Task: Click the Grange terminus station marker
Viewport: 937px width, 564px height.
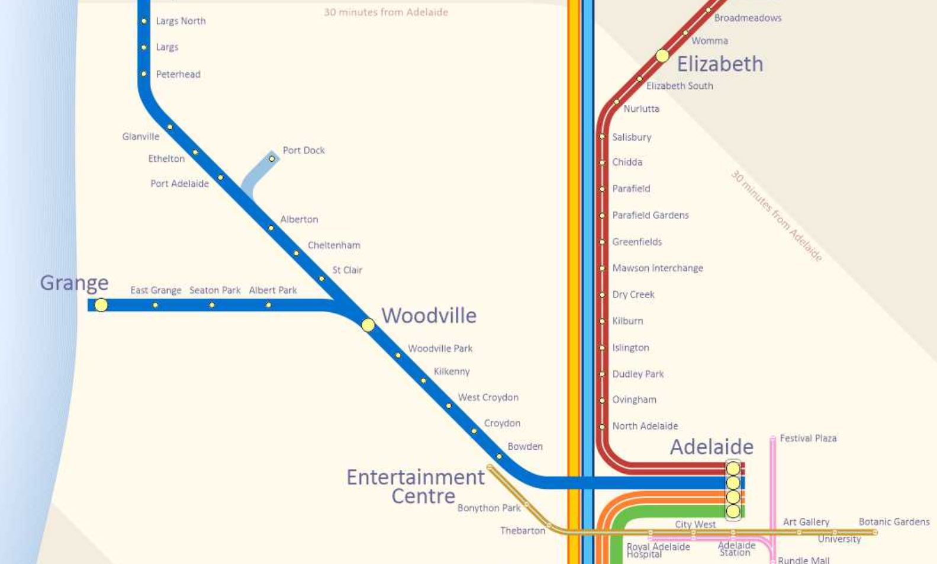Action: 101,305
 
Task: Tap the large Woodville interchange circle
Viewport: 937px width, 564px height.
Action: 368,325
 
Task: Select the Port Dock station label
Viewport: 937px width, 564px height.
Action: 303,150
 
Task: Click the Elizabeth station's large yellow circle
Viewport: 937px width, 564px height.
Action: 662,56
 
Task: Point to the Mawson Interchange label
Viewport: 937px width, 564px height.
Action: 657,268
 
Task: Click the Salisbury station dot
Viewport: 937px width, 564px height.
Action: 602,137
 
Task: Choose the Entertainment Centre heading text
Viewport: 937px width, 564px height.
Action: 416,486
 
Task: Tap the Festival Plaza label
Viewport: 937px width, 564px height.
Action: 808,438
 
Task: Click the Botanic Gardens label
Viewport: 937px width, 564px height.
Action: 894,522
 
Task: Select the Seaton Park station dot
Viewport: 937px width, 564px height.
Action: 212,305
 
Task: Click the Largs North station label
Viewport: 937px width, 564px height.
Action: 181,21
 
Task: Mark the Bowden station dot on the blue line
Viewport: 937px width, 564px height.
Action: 499,456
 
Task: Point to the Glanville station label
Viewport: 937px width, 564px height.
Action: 140,137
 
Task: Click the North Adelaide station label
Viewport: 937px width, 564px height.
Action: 645,426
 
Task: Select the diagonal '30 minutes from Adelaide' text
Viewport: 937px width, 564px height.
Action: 776,216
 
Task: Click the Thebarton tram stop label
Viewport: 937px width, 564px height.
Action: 522,531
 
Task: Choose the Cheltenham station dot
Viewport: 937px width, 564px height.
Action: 296,253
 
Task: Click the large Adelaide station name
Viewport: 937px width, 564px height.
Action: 711,447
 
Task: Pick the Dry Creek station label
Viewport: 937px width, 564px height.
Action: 633,294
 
